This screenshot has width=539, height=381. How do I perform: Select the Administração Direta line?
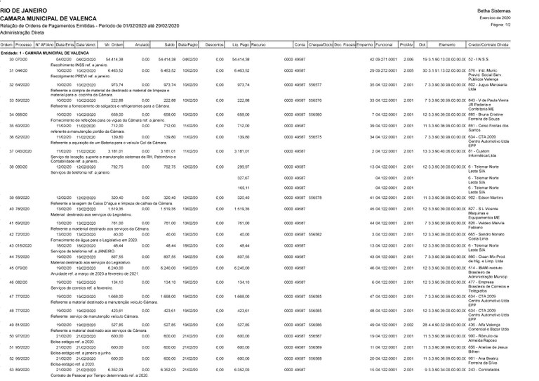click(x=22, y=32)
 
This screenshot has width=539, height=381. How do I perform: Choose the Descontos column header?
click(x=212, y=44)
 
